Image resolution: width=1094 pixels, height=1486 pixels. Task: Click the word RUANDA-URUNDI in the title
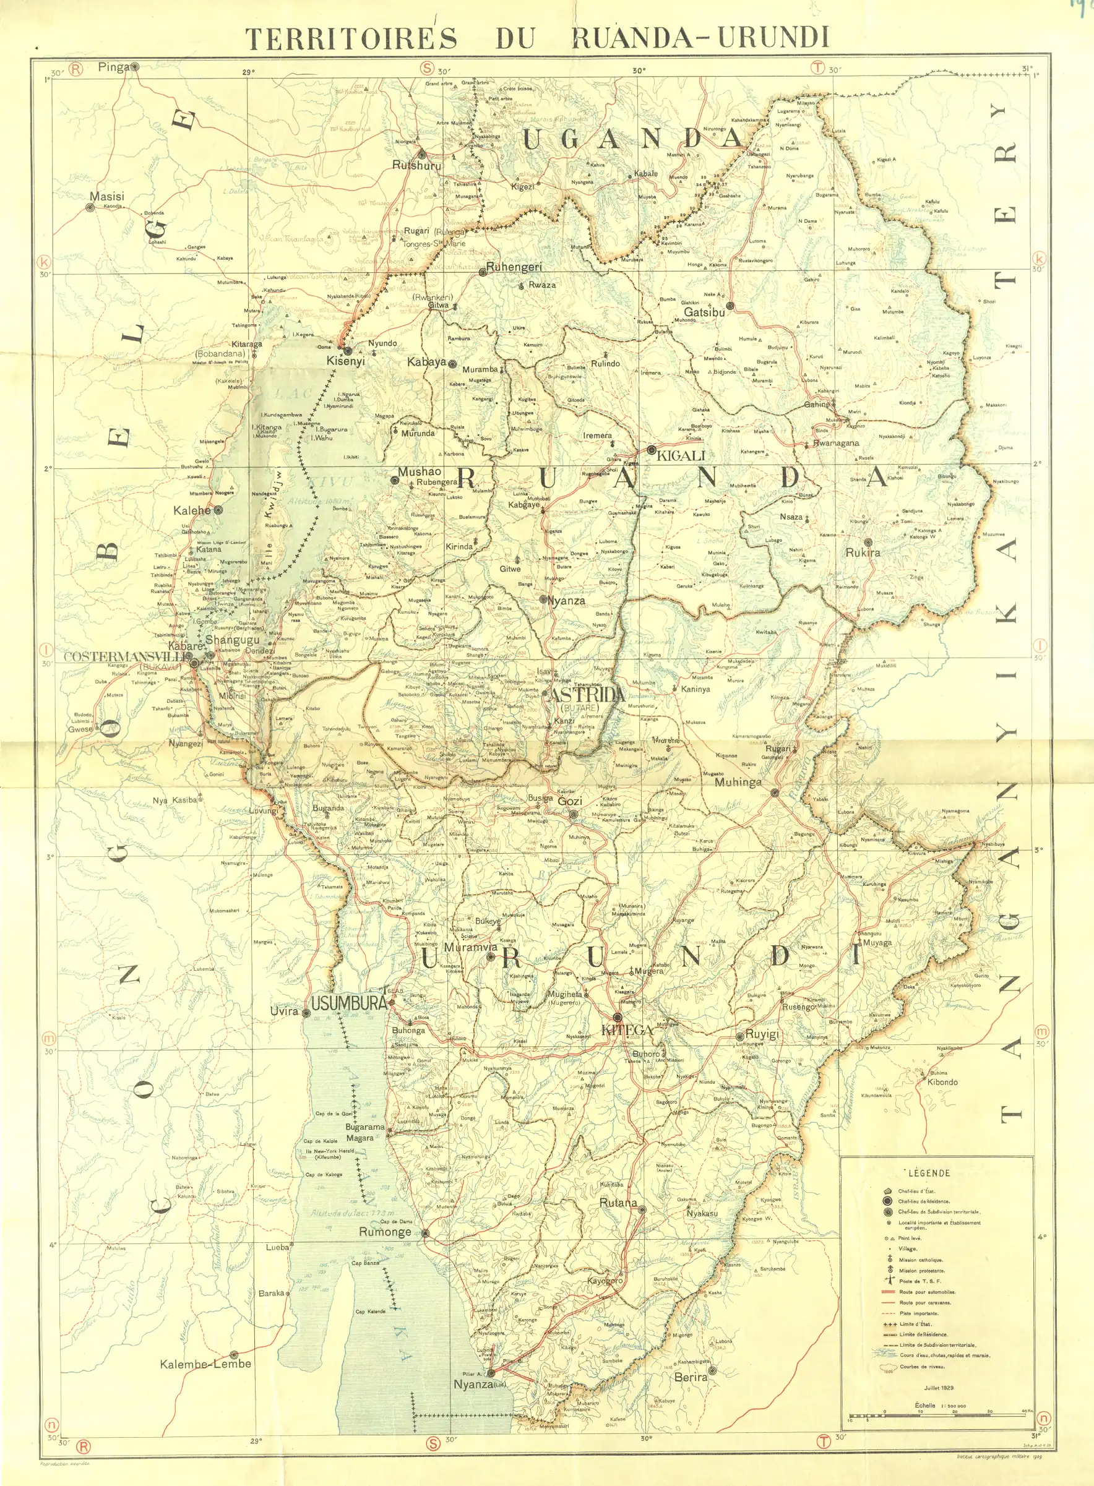700,38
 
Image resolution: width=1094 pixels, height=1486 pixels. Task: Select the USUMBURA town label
348,1003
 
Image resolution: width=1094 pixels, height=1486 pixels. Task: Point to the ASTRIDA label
587,694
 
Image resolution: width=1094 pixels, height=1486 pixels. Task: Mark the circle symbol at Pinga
134,67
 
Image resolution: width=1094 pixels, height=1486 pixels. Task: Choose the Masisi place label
106,197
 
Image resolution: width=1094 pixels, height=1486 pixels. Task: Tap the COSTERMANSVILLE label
126,657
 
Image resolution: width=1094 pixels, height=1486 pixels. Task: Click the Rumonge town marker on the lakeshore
425,1233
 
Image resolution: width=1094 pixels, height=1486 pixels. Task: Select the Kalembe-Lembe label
205,1364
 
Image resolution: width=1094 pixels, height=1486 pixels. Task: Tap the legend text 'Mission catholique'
921,1260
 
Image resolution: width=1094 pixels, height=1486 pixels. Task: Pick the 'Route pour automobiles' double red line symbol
888,1291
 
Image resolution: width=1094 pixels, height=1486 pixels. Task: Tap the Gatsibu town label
704,312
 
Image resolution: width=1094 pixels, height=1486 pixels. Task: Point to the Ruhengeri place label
513,267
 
